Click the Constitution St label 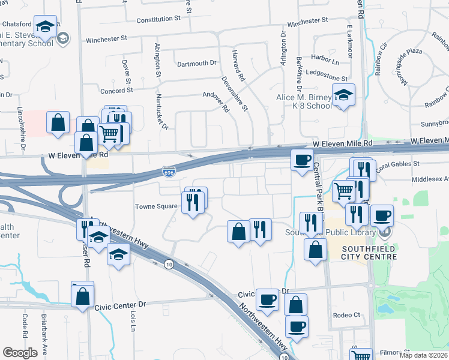(158, 19)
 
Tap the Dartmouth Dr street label (196, 63)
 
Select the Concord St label (116, 91)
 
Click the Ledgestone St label (327, 79)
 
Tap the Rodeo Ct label (348, 315)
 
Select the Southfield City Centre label (369, 253)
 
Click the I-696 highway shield (169, 173)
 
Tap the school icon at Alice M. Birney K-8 (343, 95)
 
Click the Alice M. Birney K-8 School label (303, 101)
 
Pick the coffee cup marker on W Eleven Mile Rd (301, 160)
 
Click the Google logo (20, 353)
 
